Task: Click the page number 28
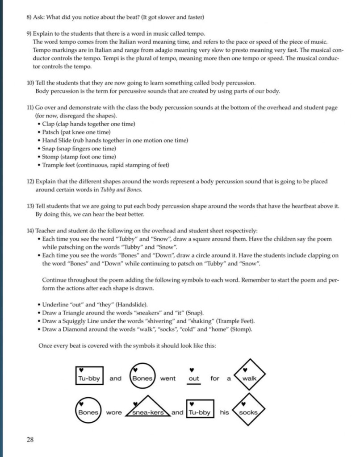pos(30,440)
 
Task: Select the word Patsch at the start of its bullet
pos(51,132)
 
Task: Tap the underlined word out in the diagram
pos(194,378)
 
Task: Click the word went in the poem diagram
pos(167,378)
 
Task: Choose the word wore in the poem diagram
pos(114,412)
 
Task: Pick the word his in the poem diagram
pos(224,412)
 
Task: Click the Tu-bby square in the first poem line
pos(89,378)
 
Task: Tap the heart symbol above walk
pos(245,370)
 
